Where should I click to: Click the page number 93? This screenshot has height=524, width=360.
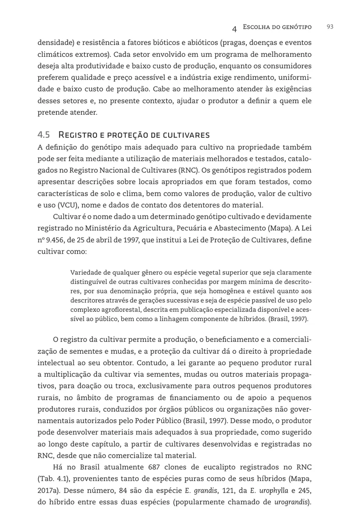(330, 27)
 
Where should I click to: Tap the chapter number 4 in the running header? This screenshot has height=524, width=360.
(235, 28)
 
